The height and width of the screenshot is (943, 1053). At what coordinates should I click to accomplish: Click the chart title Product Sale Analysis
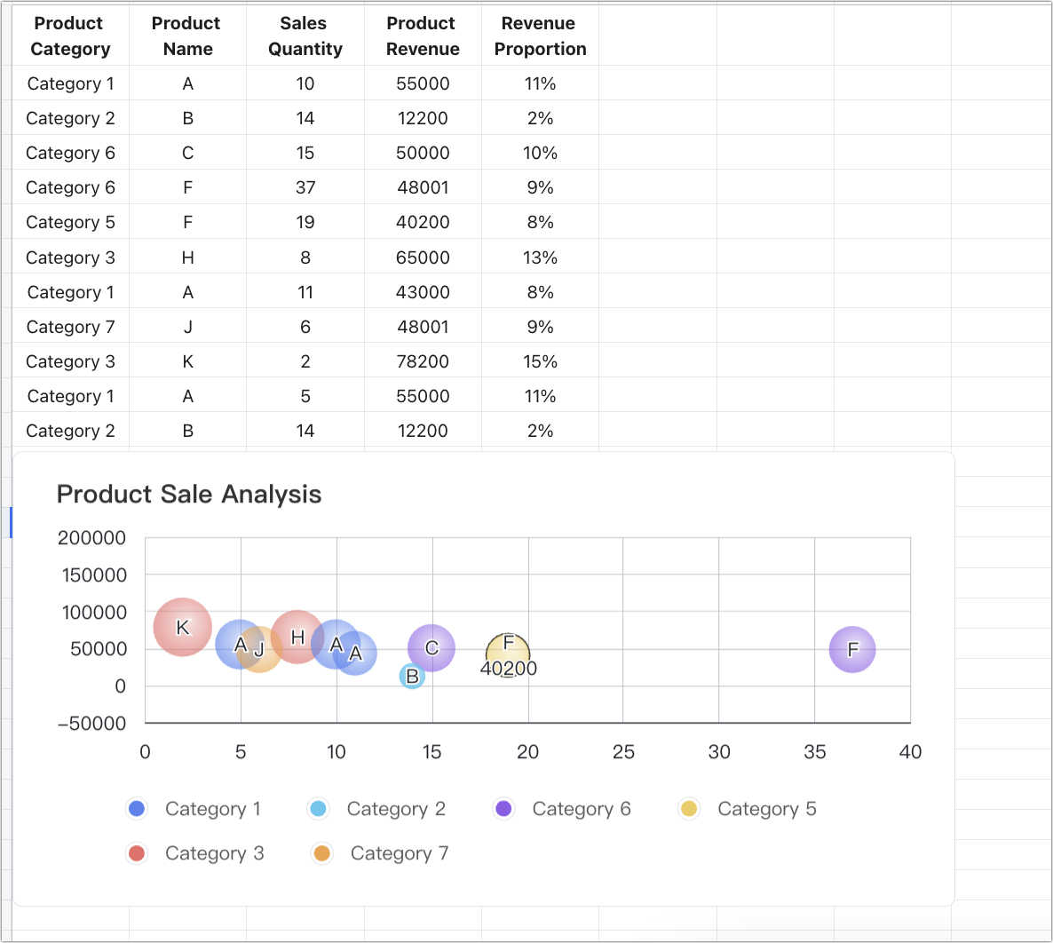(x=189, y=495)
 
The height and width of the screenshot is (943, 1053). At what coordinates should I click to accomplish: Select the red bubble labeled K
(x=182, y=627)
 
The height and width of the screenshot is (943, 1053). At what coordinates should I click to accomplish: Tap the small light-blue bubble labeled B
(x=412, y=677)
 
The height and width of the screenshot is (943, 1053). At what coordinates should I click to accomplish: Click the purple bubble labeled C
(x=431, y=648)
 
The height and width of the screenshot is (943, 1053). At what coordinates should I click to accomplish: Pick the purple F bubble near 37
(x=852, y=649)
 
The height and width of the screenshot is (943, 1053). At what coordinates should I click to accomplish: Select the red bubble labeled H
(x=297, y=637)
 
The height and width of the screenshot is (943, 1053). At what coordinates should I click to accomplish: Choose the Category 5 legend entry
(x=748, y=809)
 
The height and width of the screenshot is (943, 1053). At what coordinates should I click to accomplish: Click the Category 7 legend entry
(x=381, y=853)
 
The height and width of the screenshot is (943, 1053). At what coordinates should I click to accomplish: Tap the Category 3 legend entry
(x=196, y=853)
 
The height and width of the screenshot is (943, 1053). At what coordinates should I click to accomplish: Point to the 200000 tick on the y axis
(x=91, y=538)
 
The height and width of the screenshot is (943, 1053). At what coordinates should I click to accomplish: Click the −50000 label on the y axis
(x=91, y=724)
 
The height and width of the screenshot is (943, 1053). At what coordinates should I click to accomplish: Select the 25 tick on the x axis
(x=623, y=752)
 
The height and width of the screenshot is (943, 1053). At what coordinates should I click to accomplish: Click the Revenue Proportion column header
(x=540, y=36)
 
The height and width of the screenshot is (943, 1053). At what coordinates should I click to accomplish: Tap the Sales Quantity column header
(x=305, y=36)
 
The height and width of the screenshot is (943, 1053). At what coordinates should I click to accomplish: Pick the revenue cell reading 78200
(x=423, y=361)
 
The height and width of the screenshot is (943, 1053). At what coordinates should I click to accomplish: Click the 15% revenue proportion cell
(x=540, y=361)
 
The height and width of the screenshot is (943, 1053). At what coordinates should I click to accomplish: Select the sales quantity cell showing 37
(x=305, y=187)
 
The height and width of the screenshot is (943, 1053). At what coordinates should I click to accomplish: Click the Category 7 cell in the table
(x=70, y=327)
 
